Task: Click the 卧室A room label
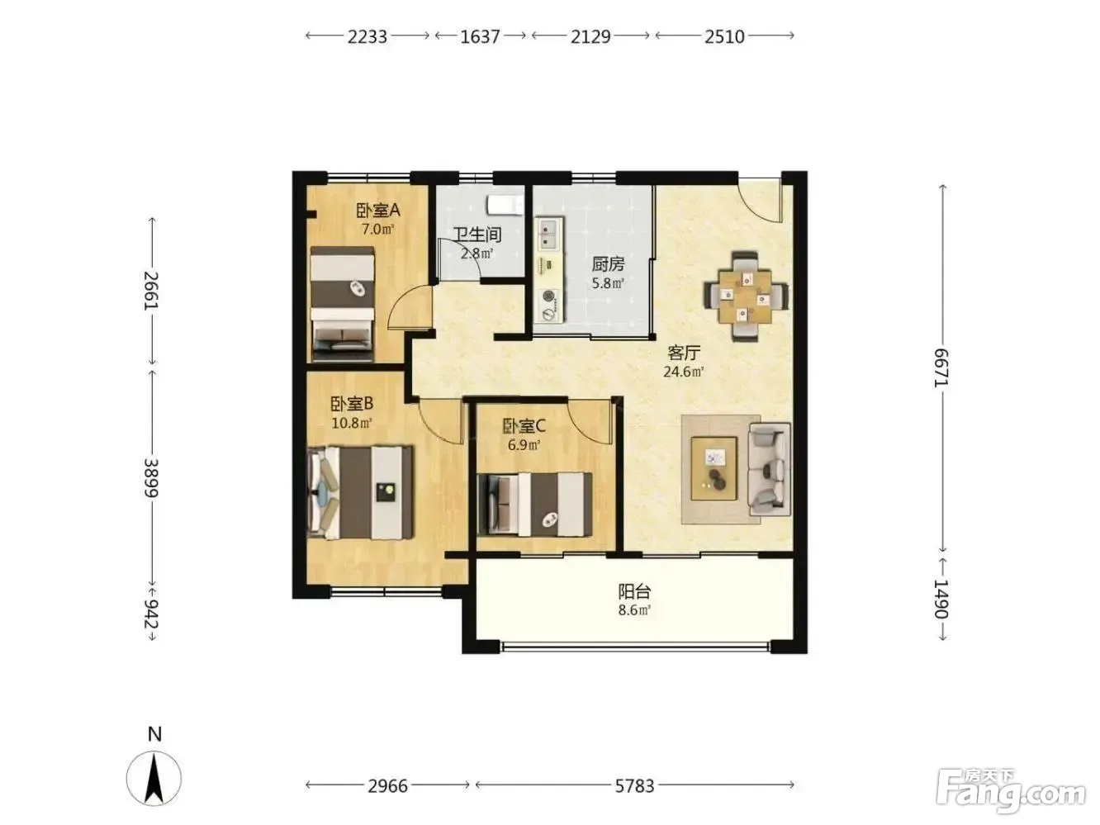tap(378, 211)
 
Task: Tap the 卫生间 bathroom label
tap(477, 234)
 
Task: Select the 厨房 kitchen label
tap(608, 264)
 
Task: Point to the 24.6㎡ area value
tap(684, 372)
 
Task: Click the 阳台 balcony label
tap(634, 591)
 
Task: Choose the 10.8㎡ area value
tap(351, 424)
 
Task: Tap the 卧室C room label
tap(524, 426)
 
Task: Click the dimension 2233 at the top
tap(367, 36)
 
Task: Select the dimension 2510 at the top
tap(724, 36)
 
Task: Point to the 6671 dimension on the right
tap(941, 367)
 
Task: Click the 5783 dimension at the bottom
tap(634, 786)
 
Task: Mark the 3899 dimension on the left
tap(151, 478)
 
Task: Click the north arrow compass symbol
tap(154, 779)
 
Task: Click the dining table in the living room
tap(745, 296)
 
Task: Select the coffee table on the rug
tap(714, 468)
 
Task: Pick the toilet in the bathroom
tap(505, 204)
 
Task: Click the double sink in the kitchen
tap(550, 234)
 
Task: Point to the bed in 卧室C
tap(534, 504)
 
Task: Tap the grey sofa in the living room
tap(769, 469)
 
